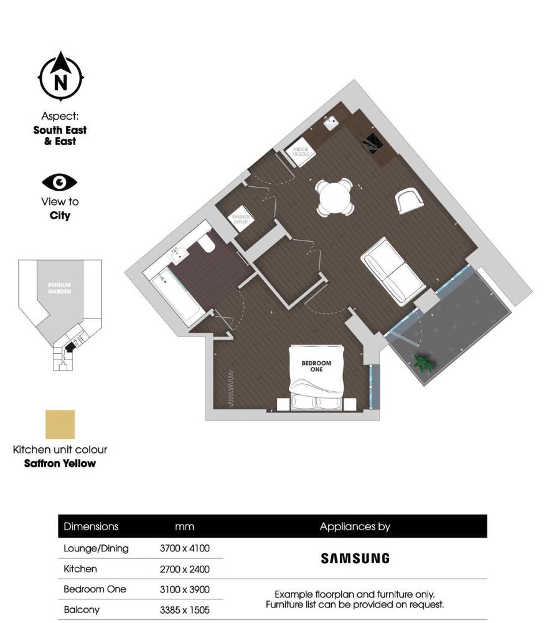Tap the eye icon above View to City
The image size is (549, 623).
tap(60, 182)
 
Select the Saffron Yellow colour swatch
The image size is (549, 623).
tap(60, 424)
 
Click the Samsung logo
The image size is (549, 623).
tap(355, 558)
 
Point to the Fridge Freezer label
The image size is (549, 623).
tap(301, 151)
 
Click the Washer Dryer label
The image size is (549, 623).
tap(240, 220)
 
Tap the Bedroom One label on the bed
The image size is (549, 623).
tap(316, 366)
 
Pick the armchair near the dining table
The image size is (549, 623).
tap(409, 200)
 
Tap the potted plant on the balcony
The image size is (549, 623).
tap(424, 363)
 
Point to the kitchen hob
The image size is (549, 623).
tap(373, 143)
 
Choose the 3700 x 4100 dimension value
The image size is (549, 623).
tap(185, 549)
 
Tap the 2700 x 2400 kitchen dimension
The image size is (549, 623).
tap(185, 569)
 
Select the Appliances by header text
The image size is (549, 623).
tap(355, 526)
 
